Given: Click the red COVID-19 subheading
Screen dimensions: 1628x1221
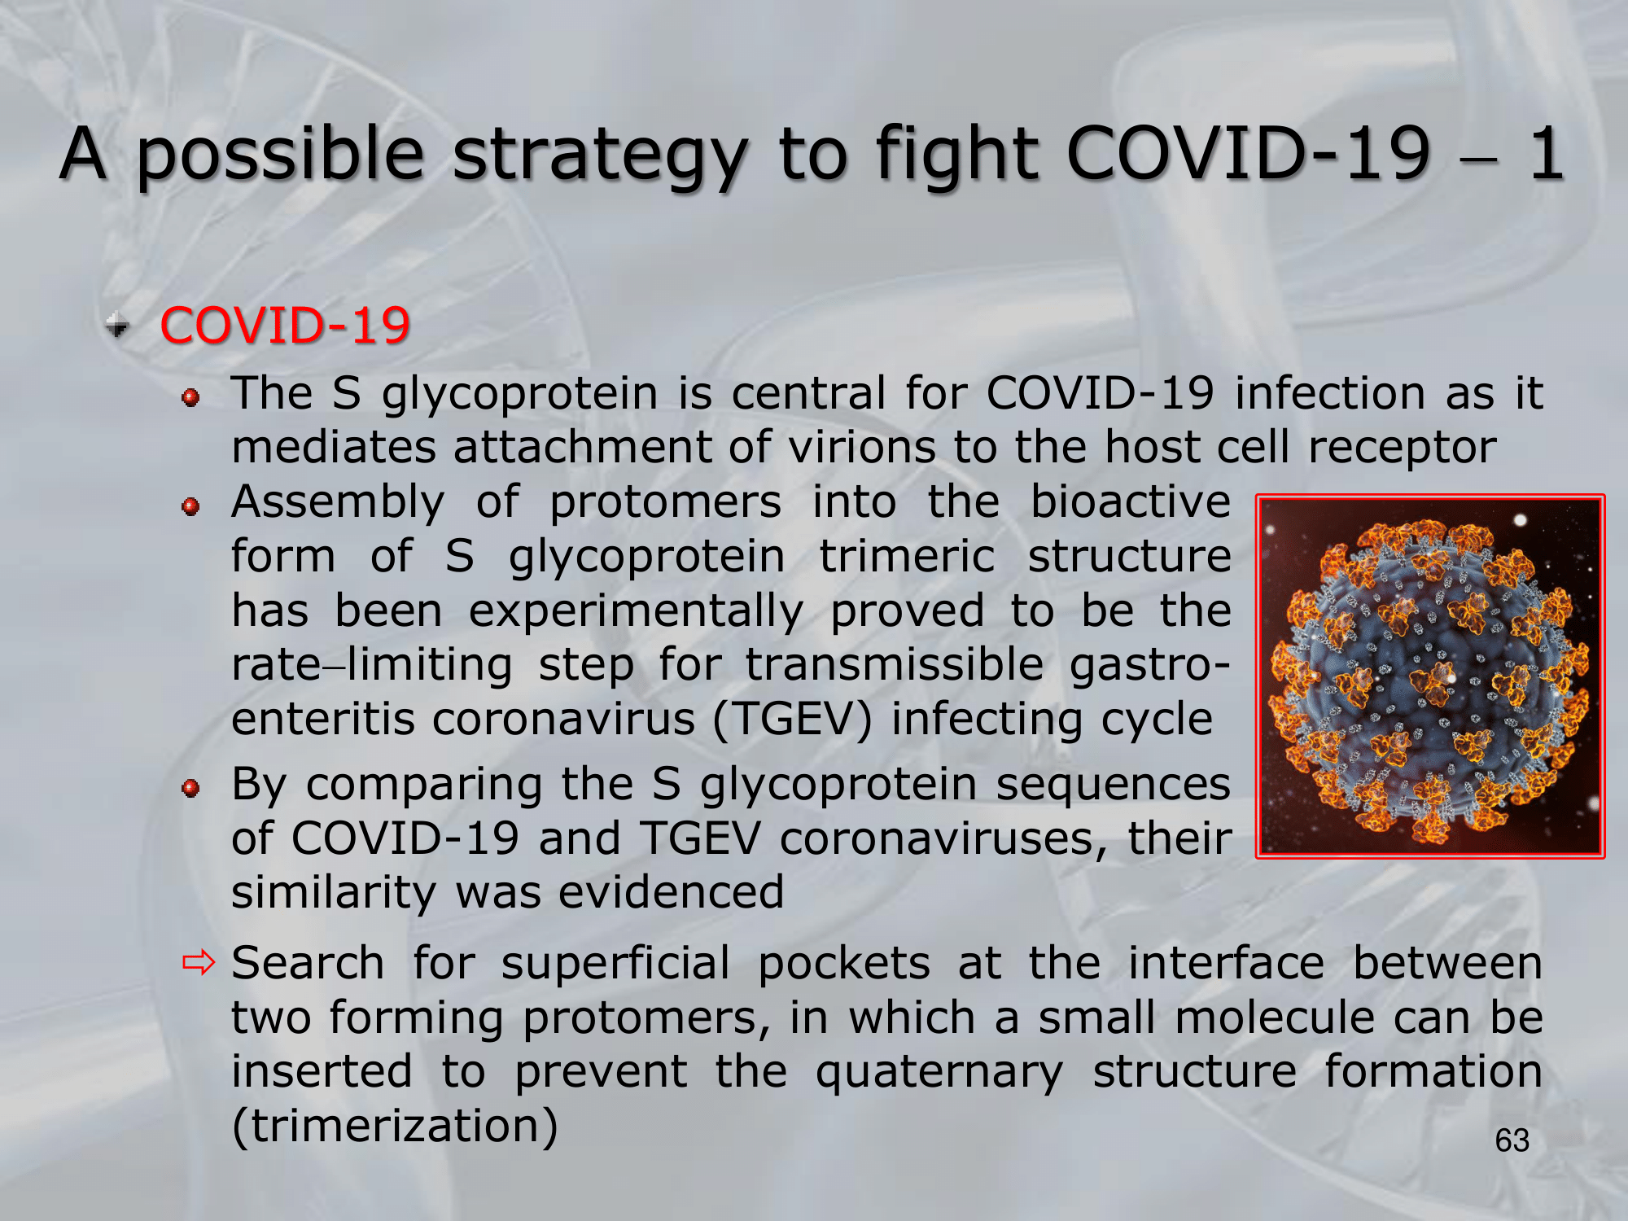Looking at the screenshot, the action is pos(285,326).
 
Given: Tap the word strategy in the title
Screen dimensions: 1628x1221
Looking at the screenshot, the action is pos(600,156).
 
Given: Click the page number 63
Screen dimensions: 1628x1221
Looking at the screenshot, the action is pos(1512,1140).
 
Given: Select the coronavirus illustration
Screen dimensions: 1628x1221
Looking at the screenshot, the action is pos(1430,676).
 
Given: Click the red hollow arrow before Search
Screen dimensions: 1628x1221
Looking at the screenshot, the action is pos(199,963).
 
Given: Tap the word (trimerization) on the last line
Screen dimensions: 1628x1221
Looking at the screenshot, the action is pos(395,1127).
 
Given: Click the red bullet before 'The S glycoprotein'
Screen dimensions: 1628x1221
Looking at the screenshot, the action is pos(190,397).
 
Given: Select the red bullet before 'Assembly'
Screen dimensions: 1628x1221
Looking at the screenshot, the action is pos(190,506).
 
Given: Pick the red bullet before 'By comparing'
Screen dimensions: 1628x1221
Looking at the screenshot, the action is pos(190,788).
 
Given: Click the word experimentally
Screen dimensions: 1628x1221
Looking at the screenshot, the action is pos(636,612).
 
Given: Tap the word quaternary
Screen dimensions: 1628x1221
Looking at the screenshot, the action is pos(939,1073).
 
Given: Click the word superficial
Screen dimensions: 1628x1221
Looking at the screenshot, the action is pos(615,964).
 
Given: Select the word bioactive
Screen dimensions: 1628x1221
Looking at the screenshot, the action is pos(1130,501).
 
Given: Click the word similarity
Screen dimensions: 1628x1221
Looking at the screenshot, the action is pos(335,893).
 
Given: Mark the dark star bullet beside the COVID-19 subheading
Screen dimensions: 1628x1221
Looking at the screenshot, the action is pos(118,326).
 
